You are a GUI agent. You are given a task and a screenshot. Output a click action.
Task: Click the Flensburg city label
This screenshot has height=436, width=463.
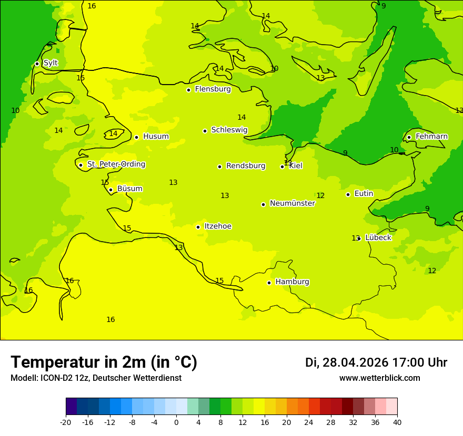click(213, 89)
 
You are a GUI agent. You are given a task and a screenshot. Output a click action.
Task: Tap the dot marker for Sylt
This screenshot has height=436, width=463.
click(37, 64)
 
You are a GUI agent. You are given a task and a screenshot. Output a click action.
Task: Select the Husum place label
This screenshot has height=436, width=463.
click(156, 137)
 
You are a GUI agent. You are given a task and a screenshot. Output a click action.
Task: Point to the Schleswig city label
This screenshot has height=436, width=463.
click(229, 130)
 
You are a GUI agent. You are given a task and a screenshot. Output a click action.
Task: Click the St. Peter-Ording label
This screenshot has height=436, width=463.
click(116, 164)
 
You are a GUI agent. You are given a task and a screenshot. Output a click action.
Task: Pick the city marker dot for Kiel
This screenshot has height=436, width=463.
click(282, 167)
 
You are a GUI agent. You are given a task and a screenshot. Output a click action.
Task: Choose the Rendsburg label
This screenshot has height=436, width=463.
click(245, 166)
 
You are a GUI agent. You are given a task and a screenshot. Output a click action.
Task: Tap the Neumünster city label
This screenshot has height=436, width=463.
click(292, 203)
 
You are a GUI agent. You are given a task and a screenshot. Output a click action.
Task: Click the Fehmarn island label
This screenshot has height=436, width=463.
click(431, 137)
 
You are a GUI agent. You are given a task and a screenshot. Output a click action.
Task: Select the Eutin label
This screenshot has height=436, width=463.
click(364, 194)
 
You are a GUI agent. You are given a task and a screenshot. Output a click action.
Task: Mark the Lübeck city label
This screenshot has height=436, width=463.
click(378, 237)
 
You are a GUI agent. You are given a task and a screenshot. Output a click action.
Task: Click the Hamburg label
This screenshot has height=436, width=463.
click(292, 282)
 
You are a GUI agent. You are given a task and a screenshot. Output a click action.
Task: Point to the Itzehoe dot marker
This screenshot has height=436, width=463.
click(198, 227)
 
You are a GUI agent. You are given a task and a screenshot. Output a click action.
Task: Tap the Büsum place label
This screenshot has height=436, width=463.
click(129, 189)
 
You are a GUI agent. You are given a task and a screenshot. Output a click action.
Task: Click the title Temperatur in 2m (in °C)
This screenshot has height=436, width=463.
click(104, 362)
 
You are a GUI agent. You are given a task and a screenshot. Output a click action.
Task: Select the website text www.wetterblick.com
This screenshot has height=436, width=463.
click(379, 378)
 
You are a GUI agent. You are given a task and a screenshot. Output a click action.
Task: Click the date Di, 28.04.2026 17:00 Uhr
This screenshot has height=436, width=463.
click(376, 362)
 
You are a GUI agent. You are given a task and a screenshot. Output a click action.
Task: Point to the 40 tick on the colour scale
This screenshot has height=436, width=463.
click(397, 422)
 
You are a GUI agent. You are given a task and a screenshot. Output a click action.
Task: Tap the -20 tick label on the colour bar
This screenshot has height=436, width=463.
click(66, 422)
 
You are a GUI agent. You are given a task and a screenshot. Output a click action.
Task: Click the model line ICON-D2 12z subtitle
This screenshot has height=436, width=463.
click(96, 378)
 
